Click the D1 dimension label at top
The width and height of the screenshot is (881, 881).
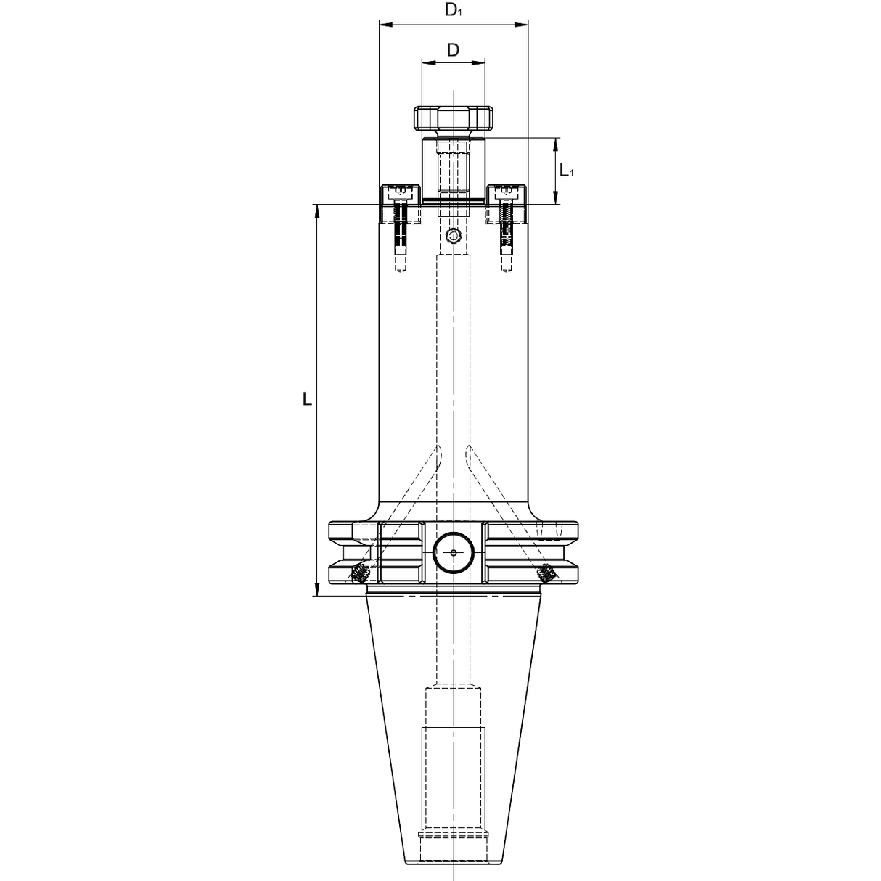pyautogui.click(x=453, y=11)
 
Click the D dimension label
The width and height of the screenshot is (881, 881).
pyautogui.click(x=453, y=50)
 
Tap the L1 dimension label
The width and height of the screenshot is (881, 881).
pyautogui.click(x=567, y=171)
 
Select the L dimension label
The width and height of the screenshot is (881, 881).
pyautogui.click(x=307, y=400)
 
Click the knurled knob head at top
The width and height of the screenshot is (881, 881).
pyautogui.click(x=453, y=118)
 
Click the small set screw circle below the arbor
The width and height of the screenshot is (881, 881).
pyautogui.click(x=453, y=236)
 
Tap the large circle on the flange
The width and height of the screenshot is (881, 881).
pyautogui.click(x=453, y=553)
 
